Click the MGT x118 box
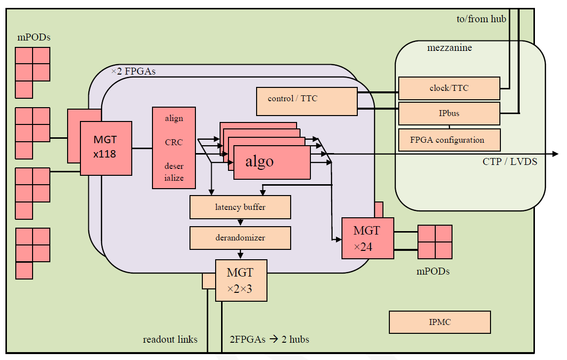(106, 148)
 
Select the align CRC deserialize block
(174, 148)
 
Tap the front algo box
(272, 162)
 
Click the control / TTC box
(306, 101)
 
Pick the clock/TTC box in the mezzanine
(449, 88)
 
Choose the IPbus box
(449, 113)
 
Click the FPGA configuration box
(449, 140)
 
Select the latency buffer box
(240, 207)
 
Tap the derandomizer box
(240, 238)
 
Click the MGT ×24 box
(368, 238)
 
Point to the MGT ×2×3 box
(241, 280)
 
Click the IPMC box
(440, 322)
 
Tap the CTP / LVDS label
(510, 162)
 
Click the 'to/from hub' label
(481, 19)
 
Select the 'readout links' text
(170, 339)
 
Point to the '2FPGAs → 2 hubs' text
(269, 339)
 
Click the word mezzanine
(450, 48)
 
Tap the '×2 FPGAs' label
(133, 71)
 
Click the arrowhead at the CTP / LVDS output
(556, 154)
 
